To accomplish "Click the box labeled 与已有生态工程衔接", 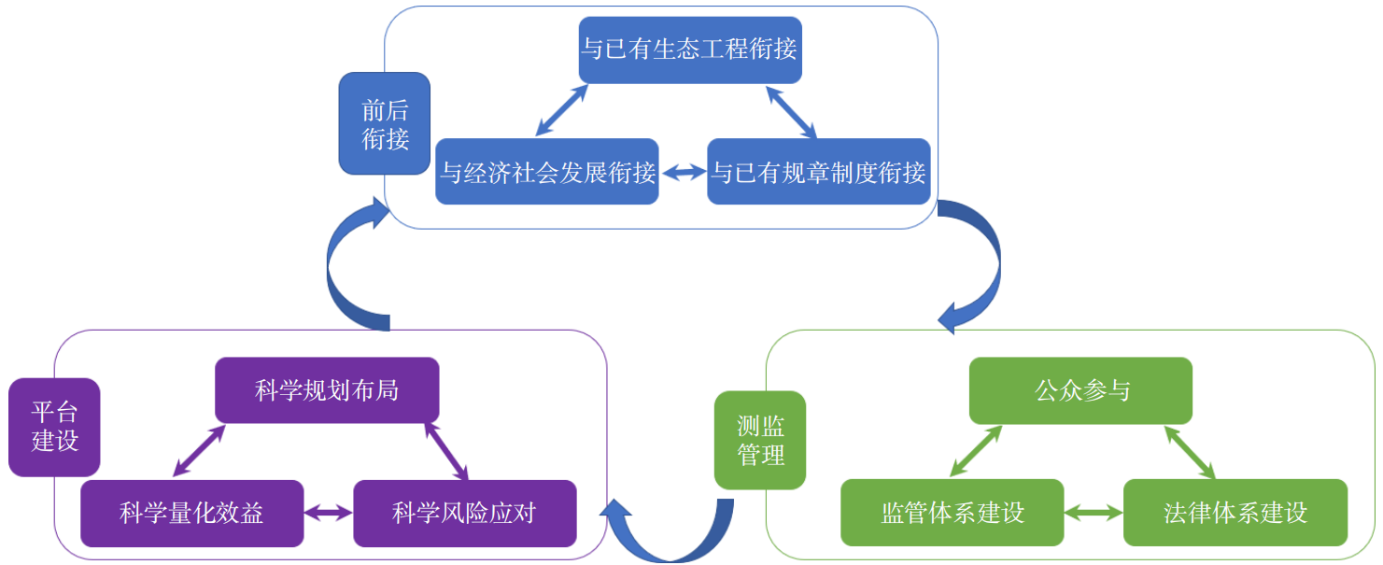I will pos(690,49).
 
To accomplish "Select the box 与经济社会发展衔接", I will pos(547,172).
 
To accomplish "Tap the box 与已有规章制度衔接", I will pos(819,172).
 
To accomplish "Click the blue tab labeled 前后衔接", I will pos(385,123).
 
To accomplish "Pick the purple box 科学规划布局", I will pos(327,389).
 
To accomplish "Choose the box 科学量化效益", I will pos(191,513).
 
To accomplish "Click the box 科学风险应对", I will pos(464,513).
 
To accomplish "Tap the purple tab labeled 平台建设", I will pos(54,427).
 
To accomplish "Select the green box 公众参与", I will pos(1081,389).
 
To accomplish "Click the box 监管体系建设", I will pos(953,513).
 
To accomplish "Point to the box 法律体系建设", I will pos(1235,513).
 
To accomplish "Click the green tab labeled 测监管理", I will pos(760,440).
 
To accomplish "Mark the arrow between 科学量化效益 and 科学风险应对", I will pos(328,513).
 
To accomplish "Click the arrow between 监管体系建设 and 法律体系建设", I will pos(1094,513).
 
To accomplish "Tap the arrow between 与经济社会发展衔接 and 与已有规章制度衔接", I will pos(684,172).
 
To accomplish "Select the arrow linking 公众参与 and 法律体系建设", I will pos(1189,453).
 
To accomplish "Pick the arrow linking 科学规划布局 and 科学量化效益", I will pos(200,451).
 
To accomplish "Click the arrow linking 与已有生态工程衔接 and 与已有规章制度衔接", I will pos(790,112).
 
